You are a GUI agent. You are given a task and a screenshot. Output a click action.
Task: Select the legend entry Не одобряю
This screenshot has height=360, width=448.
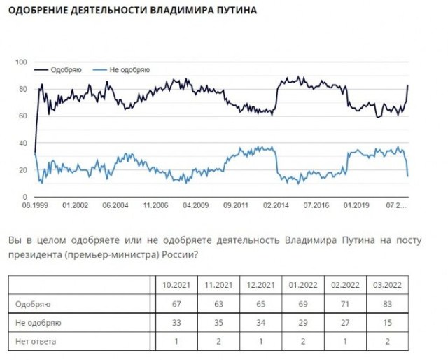[x=127, y=69]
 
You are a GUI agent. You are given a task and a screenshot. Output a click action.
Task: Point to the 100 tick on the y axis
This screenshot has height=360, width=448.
[x=20, y=62]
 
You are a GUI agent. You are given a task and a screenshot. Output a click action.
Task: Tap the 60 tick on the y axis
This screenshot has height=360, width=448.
[x=22, y=116]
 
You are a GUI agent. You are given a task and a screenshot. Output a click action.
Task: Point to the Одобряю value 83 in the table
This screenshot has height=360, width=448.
[x=386, y=305]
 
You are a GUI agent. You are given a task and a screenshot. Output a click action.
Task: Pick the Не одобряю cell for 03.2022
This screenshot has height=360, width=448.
[x=386, y=323]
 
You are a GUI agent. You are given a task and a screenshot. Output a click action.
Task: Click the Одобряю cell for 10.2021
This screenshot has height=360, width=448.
[x=176, y=305]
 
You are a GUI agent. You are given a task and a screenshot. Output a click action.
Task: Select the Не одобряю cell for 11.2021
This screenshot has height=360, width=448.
[x=218, y=323]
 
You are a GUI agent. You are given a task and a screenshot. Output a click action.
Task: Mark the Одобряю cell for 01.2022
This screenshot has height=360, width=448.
[x=302, y=305]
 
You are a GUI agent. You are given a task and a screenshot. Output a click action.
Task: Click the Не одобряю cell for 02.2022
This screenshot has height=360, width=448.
[x=344, y=323]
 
